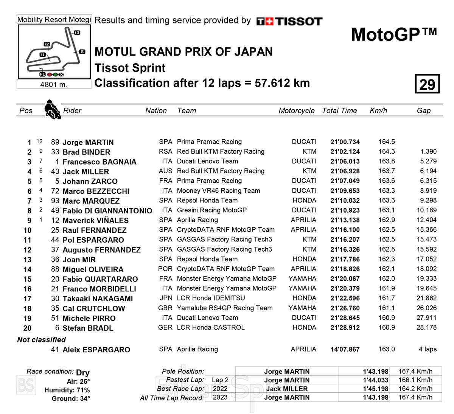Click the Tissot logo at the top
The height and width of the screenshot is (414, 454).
pyautogui.click(x=289, y=21)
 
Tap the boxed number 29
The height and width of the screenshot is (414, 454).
pyautogui.click(x=427, y=84)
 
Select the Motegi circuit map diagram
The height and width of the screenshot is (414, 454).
pyautogui.click(x=54, y=51)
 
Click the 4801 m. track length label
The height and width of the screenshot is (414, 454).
pyautogui.click(x=54, y=84)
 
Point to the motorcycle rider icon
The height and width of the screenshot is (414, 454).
pyautogui.click(x=52, y=109)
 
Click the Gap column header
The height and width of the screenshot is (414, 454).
pyautogui.click(x=423, y=111)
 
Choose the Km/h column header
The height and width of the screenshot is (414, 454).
pyautogui.click(x=378, y=111)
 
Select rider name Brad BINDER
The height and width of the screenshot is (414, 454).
pyautogui.click(x=86, y=152)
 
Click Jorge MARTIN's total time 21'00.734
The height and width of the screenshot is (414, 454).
pyautogui.click(x=345, y=142)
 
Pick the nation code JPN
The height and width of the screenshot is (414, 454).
pyautogui.click(x=166, y=298)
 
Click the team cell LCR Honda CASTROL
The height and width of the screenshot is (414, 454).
pyautogui.click(x=211, y=327)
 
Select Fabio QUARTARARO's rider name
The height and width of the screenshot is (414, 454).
pyautogui.click(x=100, y=279)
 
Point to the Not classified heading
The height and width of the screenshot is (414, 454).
pyautogui.click(x=41, y=339)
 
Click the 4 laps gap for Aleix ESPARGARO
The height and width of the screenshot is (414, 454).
pyautogui.click(x=428, y=349)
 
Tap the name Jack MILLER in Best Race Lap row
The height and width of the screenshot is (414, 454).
pyautogui.click(x=286, y=389)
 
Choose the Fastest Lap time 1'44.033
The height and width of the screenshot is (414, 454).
pyautogui.click(x=375, y=380)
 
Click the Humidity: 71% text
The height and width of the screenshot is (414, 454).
pyautogui.click(x=67, y=390)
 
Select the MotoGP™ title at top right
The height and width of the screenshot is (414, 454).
pyautogui.click(x=393, y=35)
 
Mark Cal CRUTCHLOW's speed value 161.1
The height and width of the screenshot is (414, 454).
pyautogui.click(x=387, y=308)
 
